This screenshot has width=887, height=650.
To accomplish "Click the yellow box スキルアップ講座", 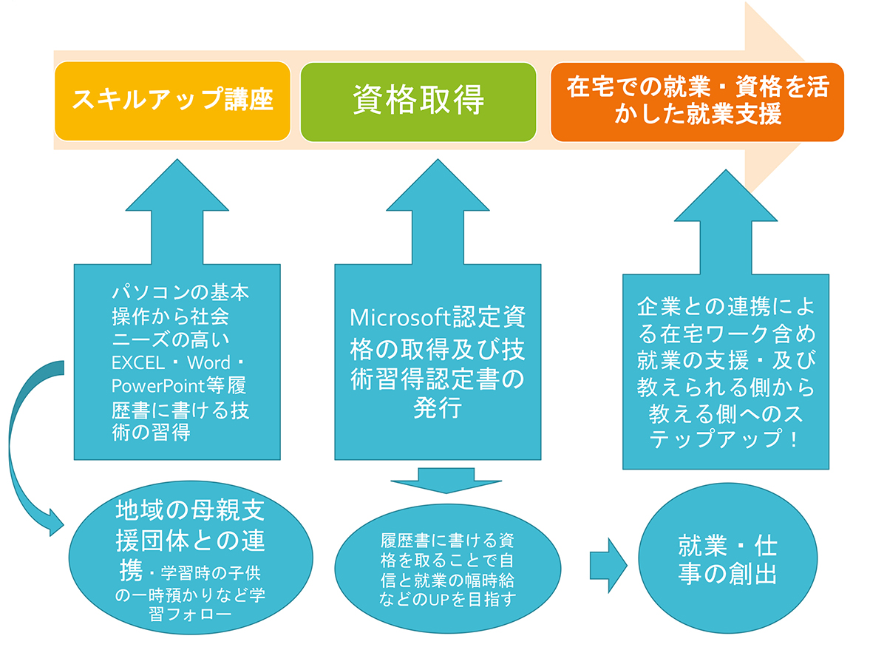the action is [x=173, y=101].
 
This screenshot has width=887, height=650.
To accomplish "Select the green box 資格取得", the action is [x=418, y=102].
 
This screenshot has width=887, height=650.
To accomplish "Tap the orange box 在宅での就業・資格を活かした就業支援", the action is [x=697, y=102].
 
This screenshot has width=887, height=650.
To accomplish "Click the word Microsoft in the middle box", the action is [x=401, y=317].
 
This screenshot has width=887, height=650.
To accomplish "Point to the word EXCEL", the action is [x=138, y=363].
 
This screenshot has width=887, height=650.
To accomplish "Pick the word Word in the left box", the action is [x=208, y=363].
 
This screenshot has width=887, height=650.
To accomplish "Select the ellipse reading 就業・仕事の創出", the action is [x=728, y=558].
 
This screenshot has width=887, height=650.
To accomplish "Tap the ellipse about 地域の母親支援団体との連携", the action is [x=191, y=558].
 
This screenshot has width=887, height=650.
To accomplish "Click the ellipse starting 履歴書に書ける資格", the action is [x=448, y=569].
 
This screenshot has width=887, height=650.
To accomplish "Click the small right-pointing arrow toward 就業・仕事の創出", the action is [x=608, y=566].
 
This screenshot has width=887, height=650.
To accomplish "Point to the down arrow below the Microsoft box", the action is [x=446, y=481].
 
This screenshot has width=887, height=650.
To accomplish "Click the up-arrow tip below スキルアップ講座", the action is [x=177, y=160].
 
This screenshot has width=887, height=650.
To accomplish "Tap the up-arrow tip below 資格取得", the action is [x=438, y=160].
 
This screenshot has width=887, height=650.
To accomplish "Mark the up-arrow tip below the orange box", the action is [x=726, y=170].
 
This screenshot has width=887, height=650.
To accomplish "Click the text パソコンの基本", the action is [x=180, y=292].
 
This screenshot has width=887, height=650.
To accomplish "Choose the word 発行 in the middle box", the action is [x=438, y=407].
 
